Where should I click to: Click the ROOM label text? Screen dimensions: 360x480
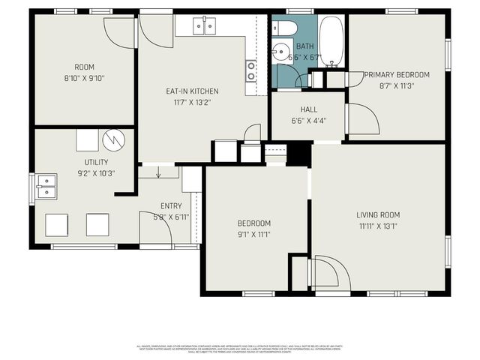(x=84, y=67)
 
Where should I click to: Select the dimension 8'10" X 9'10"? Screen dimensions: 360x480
(x=84, y=77)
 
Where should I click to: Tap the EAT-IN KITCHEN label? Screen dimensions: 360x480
(x=193, y=91)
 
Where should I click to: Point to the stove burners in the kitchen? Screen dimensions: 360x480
(x=251, y=70)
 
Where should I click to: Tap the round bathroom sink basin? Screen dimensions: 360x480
(x=280, y=53)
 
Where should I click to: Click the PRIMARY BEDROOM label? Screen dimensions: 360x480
(x=397, y=75)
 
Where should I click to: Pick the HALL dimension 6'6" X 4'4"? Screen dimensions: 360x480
(x=308, y=120)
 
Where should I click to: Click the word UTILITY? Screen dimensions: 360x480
(x=96, y=162)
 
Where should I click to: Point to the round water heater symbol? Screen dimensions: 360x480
(x=112, y=139)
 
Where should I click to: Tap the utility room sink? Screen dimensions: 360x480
(x=46, y=186)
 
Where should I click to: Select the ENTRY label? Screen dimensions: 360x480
(x=171, y=206)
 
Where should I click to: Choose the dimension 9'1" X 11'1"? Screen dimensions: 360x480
(x=254, y=234)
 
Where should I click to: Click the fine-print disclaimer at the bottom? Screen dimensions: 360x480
(x=240, y=349)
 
